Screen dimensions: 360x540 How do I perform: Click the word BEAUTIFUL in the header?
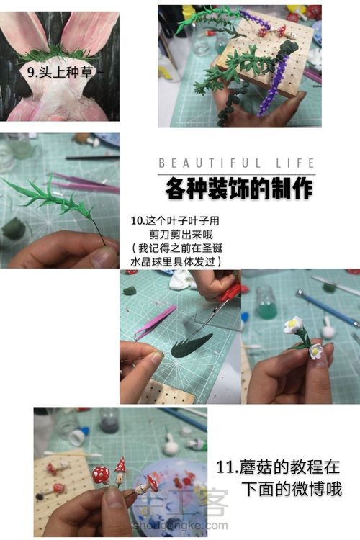pyautogui.click(x=210, y=163)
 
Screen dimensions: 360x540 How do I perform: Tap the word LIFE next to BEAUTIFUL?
pyautogui.click(x=296, y=163)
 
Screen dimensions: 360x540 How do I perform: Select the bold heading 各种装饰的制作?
pyautogui.click(x=239, y=189)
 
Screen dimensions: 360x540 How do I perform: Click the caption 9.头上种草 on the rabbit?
pyautogui.click(x=65, y=72)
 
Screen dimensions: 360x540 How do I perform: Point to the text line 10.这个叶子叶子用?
pyautogui.click(x=175, y=220)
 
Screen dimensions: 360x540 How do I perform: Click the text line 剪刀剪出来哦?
pyautogui.click(x=181, y=235)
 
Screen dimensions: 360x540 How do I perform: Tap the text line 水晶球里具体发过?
pyautogui.click(x=176, y=261)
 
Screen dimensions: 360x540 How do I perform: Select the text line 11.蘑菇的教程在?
pyautogui.click(x=278, y=467)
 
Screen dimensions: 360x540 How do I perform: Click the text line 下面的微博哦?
pyautogui.click(x=292, y=489)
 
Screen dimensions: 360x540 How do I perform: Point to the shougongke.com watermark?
pyautogui.click(x=181, y=526)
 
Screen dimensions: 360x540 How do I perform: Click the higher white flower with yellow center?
pyautogui.click(x=293, y=324)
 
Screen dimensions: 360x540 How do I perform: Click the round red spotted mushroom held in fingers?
pyautogui.click(x=101, y=474)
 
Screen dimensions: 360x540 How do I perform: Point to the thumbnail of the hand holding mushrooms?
pyautogui.click(x=120, y=472)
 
